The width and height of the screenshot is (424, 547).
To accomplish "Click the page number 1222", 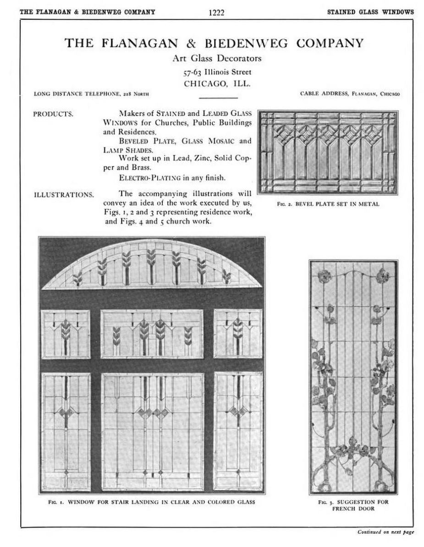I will (x=216, y=12).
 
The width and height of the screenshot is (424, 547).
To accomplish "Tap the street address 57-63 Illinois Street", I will (x=217, y=72).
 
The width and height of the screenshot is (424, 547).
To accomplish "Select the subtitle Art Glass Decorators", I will (x=217, y=59).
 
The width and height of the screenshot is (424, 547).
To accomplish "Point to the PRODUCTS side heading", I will (x=53, y=114).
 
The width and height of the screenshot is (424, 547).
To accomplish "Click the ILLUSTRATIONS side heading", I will (x=64, y=194).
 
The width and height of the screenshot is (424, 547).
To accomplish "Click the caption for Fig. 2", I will (x=328, y=204).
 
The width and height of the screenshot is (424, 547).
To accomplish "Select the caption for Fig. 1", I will (x=152, y=502).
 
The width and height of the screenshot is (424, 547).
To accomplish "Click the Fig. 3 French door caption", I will (x=353, y=505).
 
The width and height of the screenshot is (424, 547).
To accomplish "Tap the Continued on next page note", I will (x=386, y=532).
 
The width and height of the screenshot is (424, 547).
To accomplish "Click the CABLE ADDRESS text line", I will (x=350, y=94).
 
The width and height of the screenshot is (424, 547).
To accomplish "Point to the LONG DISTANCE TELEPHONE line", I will (x=92, y=94).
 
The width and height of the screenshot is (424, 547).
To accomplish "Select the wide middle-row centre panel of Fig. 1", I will (x=152, y=334).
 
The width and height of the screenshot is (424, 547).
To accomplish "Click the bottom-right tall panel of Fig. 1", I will (x=238, y=431).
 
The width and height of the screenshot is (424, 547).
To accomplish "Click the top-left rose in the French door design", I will (x=325, y=276).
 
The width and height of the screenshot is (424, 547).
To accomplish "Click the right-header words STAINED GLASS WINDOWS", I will (x=370, y=12).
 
